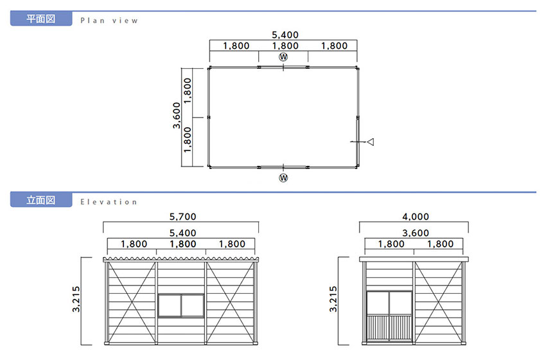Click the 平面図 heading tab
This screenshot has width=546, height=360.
click(41, 19)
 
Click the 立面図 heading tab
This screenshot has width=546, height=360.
click(41, 200)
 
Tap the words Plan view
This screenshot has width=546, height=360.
click(109, 21)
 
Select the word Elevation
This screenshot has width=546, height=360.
click(109, 202)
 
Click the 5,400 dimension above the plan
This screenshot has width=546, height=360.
click(285, 35)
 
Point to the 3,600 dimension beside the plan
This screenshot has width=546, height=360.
click(177, 115)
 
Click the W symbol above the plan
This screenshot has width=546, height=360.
click(283, 57)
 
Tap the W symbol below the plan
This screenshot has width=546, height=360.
click(283, 177)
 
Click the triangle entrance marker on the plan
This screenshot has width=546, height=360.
click(371, 142)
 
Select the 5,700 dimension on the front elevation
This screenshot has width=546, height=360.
click(183, 217)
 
